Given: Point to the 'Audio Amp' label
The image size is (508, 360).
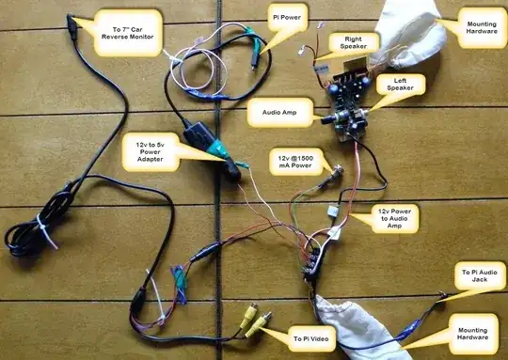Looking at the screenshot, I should (272, 113).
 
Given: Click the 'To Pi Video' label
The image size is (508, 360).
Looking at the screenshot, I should (312, 337).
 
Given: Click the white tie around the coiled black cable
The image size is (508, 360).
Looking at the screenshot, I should (42, 227).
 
